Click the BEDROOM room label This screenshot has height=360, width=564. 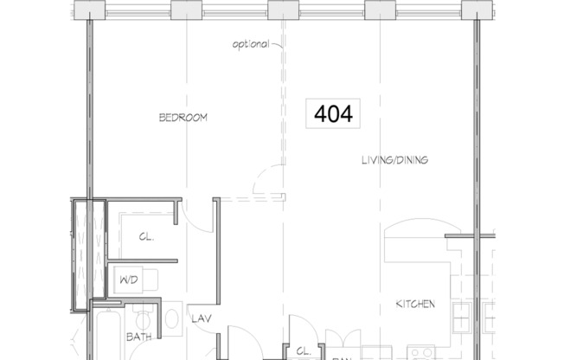[183, 118]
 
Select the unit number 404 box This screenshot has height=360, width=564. [334, 113]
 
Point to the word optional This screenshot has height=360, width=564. [251, 44]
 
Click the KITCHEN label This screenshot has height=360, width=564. [415, 304]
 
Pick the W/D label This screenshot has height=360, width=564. [127, 280]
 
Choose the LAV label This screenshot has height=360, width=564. [202, 319]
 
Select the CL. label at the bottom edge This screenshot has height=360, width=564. [303, 351]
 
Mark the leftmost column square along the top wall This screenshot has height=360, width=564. [87, 10]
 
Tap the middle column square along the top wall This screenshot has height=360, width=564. [282, 10]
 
